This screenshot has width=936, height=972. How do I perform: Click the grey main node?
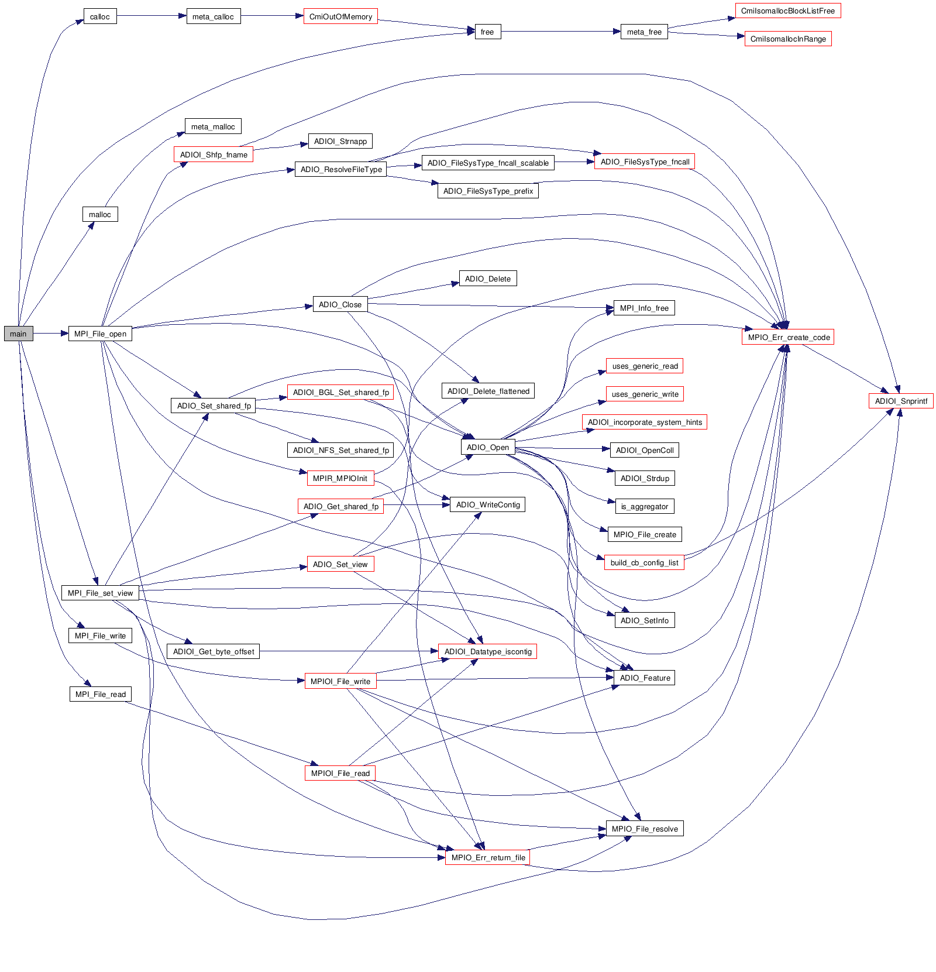(18, 334)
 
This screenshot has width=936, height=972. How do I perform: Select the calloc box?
(100, 16)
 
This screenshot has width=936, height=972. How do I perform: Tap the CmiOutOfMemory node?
(340, 16)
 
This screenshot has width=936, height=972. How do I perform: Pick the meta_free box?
(644, 32)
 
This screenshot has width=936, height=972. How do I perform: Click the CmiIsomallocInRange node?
(788, 39)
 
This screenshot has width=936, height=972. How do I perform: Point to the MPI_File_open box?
(100, 334)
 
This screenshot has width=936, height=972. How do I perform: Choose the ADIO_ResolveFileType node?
(341, 169)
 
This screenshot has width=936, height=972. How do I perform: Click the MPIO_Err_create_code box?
(788, 337)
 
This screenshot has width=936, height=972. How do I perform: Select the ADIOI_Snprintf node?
(901, 401)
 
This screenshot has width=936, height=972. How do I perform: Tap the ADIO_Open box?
(488, 447)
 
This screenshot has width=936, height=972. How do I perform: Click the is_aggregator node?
(645, 506)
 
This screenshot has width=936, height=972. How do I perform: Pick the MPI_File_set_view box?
(100, 593)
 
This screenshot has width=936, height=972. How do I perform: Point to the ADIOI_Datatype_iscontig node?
(488, 651)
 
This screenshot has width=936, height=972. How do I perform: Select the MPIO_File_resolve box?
(645, 829)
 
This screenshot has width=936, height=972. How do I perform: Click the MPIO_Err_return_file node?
(488, 857)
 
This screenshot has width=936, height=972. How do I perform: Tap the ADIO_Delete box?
(488, 279)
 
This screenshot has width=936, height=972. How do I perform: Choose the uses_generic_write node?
(645, 394)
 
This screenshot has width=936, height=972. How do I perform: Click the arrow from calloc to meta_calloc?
(152, 16)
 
